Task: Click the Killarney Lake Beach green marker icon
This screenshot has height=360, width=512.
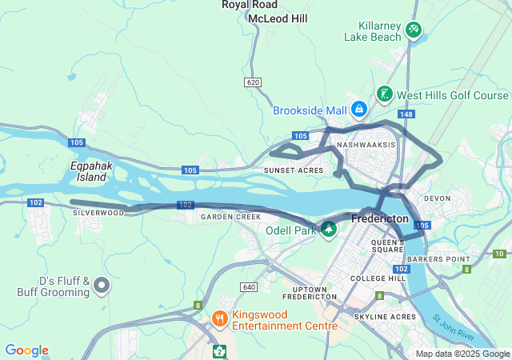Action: pyautogui.click(x=413, y=30)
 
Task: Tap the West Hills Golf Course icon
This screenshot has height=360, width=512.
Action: pyautogui.click(x=385, y=95)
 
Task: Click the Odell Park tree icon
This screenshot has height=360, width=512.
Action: pyautogui.click(x=328, y=230)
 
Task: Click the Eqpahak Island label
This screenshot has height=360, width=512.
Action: pyautogui.click(x=88, y=171)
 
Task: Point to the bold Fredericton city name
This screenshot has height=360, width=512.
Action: pyautogui.click(x=380, y=218)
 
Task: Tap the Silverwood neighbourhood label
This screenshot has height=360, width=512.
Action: pyautogui.click(x=98, y=213)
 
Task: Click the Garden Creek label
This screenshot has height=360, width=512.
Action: pyautogui.click(x=231, y=217)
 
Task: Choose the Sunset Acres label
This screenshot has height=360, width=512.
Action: pyautogui.click(x=294, y=170)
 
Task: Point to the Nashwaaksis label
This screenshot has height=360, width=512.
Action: pyautogui.click(x=366, y=145)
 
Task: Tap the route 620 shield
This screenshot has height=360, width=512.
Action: pyautogui.click(x=254, y=82)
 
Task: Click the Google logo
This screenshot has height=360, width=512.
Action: pyautogui.click(x=26, y=350)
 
